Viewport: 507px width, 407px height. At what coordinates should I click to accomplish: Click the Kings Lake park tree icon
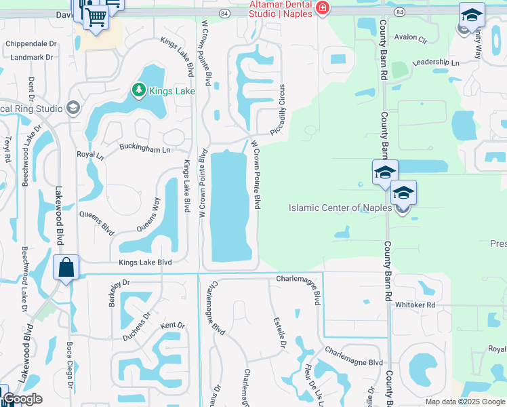[138, 90]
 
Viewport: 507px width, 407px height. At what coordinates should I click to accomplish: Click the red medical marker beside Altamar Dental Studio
[323, 9]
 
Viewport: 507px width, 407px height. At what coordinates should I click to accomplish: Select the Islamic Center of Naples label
[340, 208]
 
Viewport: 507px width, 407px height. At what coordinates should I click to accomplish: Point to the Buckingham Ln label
[144, 148]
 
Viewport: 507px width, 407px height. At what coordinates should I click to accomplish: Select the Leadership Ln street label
[435, 62]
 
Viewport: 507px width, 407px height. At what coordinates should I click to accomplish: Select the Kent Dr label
[172, 326]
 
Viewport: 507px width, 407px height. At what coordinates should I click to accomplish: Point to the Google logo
[22, 399]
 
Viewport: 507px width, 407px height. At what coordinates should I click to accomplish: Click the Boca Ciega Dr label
[69, 363]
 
